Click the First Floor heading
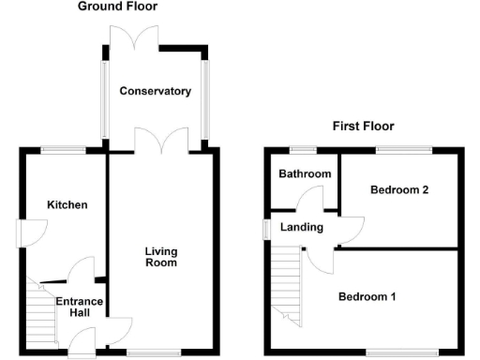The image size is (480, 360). click(363, 126)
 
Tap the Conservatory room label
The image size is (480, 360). click(155, 92)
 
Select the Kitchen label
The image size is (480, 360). click(67, 204)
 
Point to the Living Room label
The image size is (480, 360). click(161, 257)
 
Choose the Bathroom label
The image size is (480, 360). click(305, 174)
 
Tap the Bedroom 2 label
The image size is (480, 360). click(399, 190)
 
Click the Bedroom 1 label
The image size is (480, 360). click(367, 297)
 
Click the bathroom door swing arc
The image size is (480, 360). click(308, 197)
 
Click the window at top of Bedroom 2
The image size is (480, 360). click(404, 149)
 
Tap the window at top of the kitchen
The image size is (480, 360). click(63, 149)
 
